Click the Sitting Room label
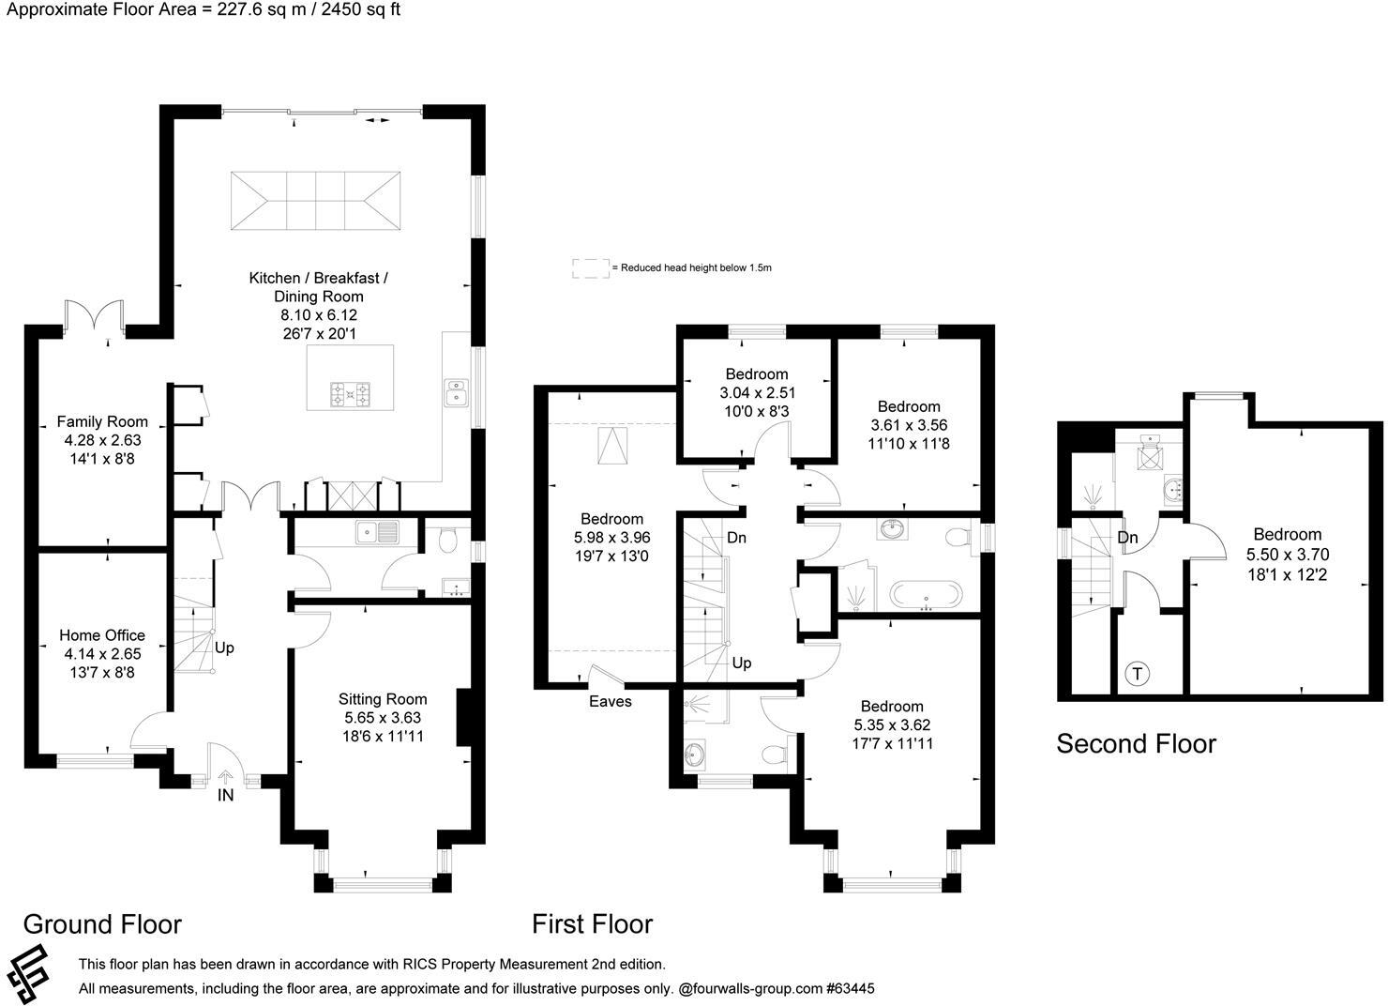coord(383,699)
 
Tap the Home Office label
coord(102,635)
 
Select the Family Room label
coord(102,421)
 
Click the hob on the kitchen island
coord(351,395)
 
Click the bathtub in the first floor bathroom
coord(925,595)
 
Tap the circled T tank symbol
coord(1137,673)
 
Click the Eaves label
coord(610,701)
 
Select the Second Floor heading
coord(1136,744)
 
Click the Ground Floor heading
coord(102,924)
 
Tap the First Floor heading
coord(592,924)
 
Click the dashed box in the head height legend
coord(590,268)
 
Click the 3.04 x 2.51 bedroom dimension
coord(757,393)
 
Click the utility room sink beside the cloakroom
coord(377,533)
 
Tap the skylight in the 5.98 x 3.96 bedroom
coord(613,445)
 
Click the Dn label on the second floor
coord(1127,538)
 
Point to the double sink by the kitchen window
coord(457,391)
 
